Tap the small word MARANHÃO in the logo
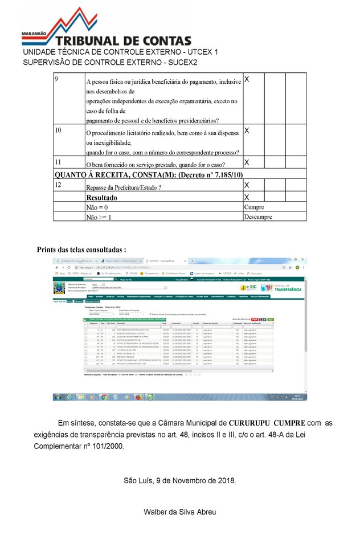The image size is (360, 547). click(34, 34)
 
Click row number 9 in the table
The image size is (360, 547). click(57, 79)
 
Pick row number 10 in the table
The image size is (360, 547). click(58, 130)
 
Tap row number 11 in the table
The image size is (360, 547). click(58, 162)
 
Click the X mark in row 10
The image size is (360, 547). click(247, 130)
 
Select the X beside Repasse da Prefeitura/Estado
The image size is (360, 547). click(247, 185)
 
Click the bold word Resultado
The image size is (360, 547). click(102, 197)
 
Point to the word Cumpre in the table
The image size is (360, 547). click(254, 207)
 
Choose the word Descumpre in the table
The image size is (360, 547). click(258, 217)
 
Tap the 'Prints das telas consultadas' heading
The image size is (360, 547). click(81, 250)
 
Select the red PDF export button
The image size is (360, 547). click(255, 320)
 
